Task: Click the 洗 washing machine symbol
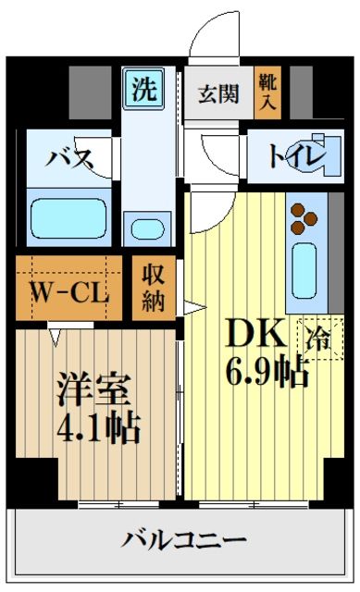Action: point(143,90)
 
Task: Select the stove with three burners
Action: point(304,218)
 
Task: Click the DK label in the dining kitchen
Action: point(246,332)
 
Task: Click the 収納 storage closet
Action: point(152,289)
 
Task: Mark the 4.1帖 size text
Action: point(102,426)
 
